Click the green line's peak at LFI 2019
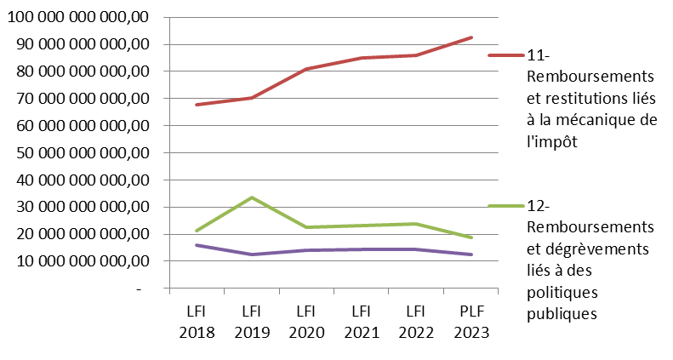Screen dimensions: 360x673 pos(251,197)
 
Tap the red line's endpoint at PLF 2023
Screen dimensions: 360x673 pos(471,37)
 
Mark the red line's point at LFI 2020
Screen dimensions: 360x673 pos(305,69)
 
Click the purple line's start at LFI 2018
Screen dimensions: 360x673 pos(197,245)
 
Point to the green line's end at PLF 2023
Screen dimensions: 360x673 pos(471,237)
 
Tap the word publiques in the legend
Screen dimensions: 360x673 pos(562,313)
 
